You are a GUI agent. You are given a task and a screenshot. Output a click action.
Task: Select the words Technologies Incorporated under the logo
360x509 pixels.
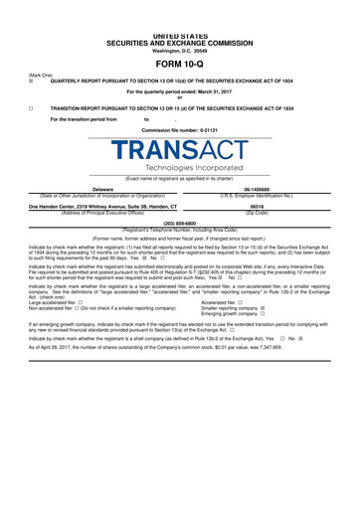pyautogui.click(x=179, y=168)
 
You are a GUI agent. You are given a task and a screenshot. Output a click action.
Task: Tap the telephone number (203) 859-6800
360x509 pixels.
pyautogui.click(x=179, y=224)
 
